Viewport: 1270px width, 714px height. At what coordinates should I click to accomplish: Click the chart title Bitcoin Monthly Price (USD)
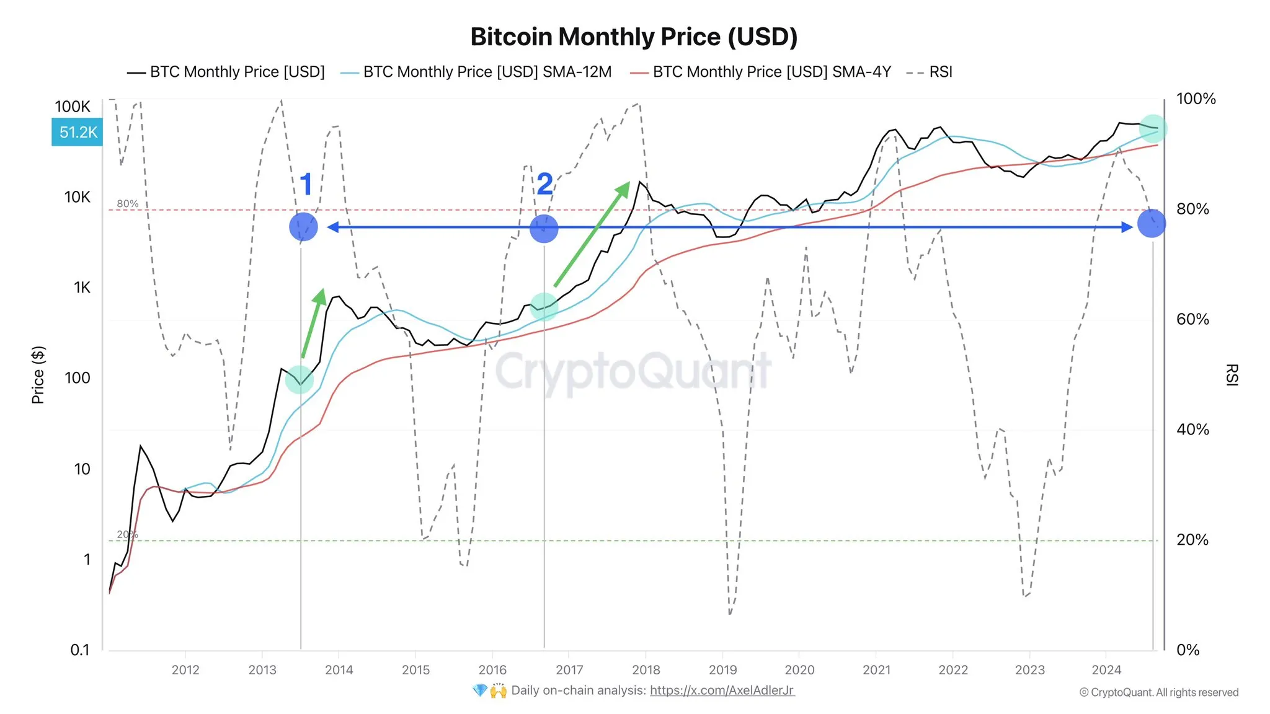click(634, 37)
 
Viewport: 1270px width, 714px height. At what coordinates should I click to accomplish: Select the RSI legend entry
click(930, 72)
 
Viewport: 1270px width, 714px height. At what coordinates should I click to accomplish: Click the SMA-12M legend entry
click(476, 72)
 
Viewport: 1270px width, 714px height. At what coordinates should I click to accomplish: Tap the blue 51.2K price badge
click(77, 132)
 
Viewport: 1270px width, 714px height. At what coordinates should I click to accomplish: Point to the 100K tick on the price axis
click(73, 107)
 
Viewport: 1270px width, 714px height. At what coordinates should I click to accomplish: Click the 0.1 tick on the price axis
click(80, 650)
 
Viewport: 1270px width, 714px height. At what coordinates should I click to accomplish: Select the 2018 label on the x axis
click(646, 669)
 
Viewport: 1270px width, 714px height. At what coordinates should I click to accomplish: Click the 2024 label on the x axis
click(1106, 669)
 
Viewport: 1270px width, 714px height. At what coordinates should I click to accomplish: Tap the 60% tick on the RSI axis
click(1192, 319)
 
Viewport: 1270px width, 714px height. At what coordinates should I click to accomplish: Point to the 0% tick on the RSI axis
click(1188, 650)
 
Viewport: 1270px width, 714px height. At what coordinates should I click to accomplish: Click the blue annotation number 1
click(306, 184)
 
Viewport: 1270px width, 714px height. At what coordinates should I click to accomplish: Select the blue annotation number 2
click(544, 184)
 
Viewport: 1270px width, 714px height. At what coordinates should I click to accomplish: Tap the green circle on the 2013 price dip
click(300, 379)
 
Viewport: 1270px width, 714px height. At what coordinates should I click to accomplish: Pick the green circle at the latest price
click(1153, 129)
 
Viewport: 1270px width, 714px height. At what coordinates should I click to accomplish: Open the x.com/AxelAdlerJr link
click(722, 690)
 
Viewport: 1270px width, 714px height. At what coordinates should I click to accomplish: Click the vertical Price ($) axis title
click(38, 375)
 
